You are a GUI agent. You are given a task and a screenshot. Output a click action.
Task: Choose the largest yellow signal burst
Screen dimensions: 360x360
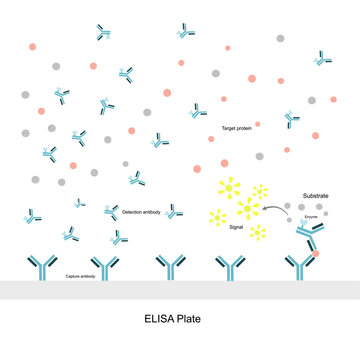pos(248,208)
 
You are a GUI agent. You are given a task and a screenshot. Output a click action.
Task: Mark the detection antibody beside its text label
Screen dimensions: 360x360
pos(111,212)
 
